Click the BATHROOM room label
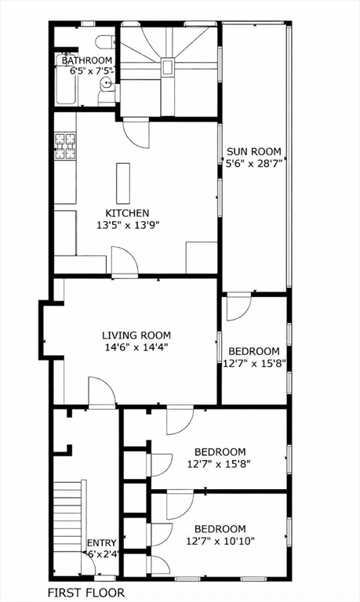tap(87, 60)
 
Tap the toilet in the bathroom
tap(104, 42)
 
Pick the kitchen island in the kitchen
tap(122, 183)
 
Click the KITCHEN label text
tap(127, 213)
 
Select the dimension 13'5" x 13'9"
tap(127, 226)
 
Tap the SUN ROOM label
tap(253, 152)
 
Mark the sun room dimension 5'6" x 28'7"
tap(253, 165)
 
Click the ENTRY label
tap(101, 543)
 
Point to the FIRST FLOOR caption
tap(85, 593)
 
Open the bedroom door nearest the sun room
tap(238, 307)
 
